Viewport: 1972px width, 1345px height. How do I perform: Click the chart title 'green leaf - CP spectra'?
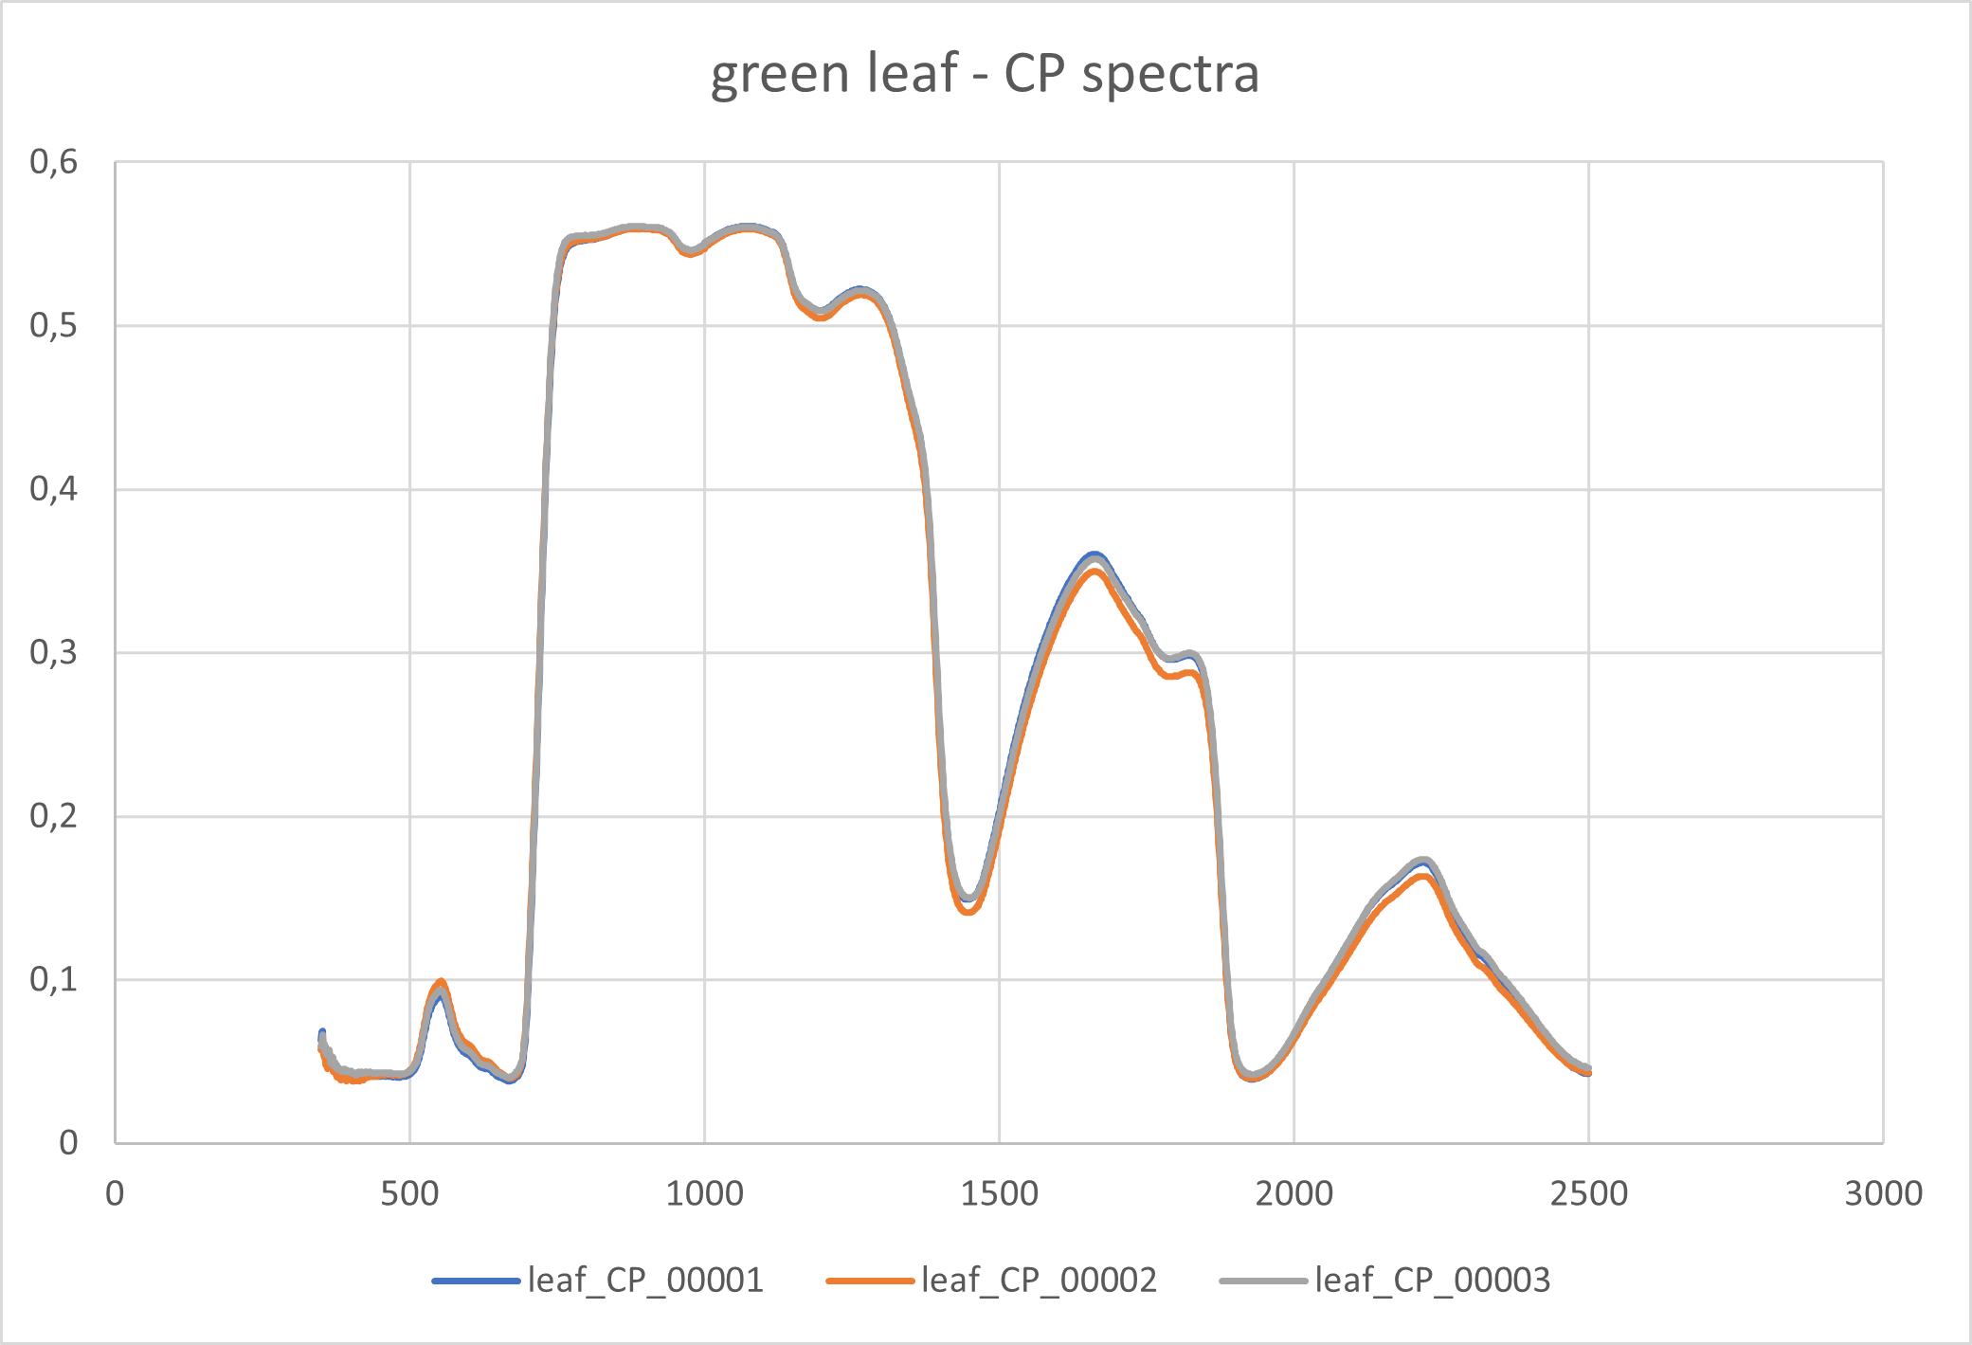tap(985, 74)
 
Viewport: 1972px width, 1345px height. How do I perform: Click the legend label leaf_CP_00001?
tap(645, 1281)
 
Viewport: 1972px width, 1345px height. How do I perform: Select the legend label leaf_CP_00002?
tap(1039, 1281)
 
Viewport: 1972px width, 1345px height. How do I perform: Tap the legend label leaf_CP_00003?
tap(1432, 1281)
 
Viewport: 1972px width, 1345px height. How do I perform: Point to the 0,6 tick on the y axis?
tap(54, 162)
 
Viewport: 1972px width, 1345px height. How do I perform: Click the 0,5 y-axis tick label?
tap(54, 325)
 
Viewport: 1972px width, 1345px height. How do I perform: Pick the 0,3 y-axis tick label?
tap(54, 652)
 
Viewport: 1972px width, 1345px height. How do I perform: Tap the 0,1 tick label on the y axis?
tap(54, 979)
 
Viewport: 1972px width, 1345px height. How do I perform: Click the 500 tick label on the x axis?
tap(409, 1193)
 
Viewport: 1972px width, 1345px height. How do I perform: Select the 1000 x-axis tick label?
tap(704, 1193)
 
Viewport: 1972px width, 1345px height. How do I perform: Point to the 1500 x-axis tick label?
tap(999, 1193)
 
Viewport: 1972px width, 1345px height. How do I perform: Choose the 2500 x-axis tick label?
tap(1588, 1193)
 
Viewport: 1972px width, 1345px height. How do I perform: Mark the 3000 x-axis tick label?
tap(1883, 1193)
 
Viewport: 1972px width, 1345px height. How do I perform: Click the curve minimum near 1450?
tap(968, 900)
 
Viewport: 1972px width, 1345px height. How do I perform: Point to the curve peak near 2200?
tap(1423, 863)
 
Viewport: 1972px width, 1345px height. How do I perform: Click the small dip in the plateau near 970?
tap(691, 252)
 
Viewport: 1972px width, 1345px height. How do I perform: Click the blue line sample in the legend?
tap(476, 1281)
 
